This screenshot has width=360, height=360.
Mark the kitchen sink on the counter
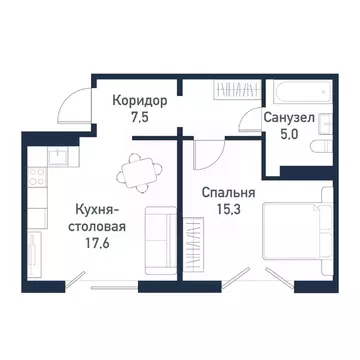(x=58, y=154)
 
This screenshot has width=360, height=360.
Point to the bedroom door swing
(x=207, y=155)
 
